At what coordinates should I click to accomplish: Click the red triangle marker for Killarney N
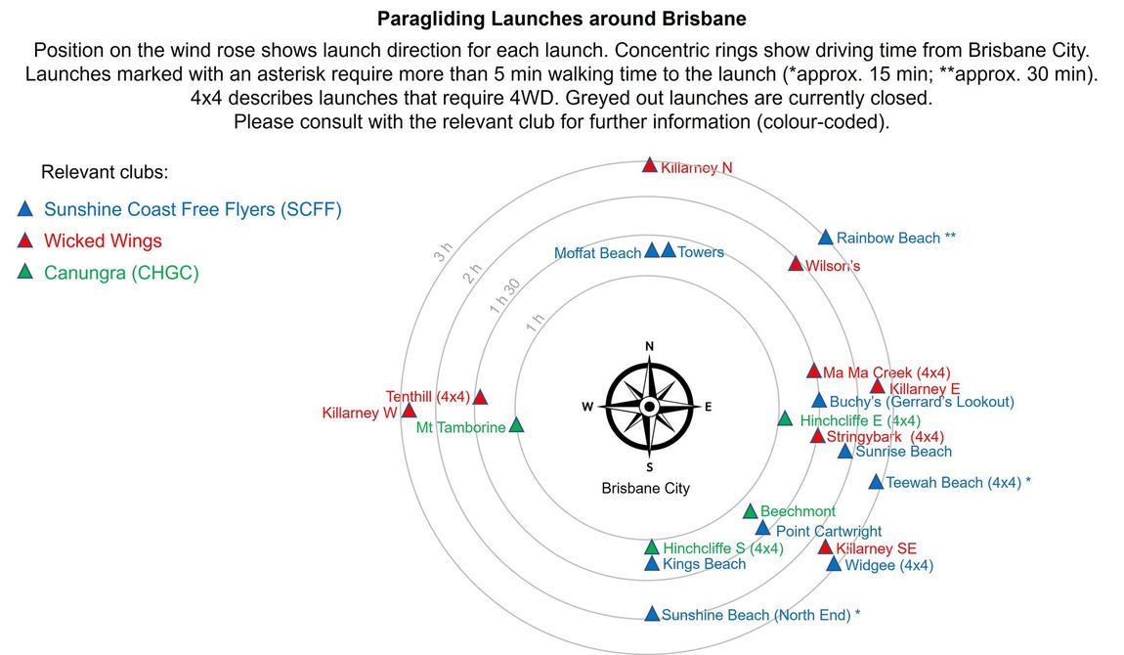pos(649,165)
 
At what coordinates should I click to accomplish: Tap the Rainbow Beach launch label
pos(896,238)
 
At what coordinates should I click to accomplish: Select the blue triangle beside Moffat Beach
pos(652,251)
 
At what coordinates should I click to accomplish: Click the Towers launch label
pos(701,252)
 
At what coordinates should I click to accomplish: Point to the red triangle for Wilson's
pos(796,264)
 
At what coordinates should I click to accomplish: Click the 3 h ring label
pos(444,251)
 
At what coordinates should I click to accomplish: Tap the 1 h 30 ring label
pos(504,296)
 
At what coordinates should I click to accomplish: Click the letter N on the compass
pos(649,346)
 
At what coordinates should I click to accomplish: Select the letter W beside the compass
pos(587,407)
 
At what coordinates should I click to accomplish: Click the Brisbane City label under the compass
pos(646,488)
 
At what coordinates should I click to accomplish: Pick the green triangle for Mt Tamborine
pos(516,425)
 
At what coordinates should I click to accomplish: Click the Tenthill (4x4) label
pos(428,396)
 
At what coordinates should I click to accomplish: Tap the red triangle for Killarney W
pos(409,411)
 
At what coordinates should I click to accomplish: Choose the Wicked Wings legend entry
pos(103,240)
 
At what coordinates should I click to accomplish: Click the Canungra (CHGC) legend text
pos(121,273)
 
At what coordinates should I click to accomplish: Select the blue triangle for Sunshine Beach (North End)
pos(652,614)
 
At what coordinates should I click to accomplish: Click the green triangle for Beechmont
pos(751,511)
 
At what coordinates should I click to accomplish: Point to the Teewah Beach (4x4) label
pos(959,483)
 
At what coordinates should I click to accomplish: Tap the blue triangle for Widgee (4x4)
pos(834,564)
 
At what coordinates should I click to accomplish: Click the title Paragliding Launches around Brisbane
pos(562,19)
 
